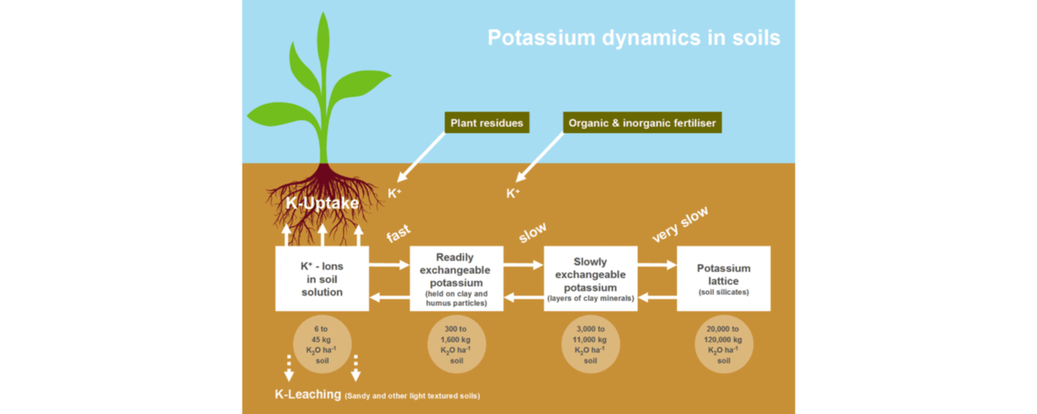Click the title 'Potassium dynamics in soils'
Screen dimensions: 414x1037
633,38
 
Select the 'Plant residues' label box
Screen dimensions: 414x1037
487,123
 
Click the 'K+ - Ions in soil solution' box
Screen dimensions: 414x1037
322,279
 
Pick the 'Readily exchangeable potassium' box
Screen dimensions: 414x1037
456,279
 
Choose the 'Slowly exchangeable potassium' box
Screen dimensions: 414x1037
590,279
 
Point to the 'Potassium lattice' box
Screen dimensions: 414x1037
723,279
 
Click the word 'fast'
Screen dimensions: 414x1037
399,234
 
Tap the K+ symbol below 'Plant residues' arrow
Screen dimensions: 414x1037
395,193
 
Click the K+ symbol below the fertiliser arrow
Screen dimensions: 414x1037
514,193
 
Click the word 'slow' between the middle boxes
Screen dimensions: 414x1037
533,233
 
